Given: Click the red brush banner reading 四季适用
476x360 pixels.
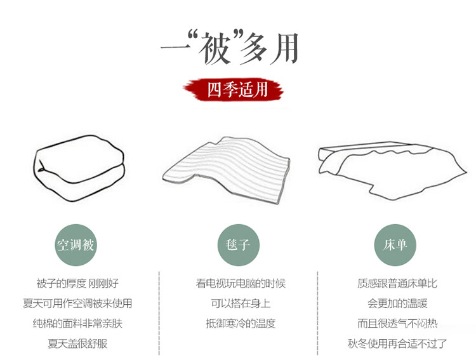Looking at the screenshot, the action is click(x=233, y=90).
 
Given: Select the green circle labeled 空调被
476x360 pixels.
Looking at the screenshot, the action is click(x=76, y=245).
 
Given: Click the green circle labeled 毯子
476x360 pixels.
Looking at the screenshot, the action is click(x=238, y=245).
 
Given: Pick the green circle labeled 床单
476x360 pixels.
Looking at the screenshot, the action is click(x=395, y=245).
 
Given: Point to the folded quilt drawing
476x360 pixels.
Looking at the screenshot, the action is click(x=79, y=169).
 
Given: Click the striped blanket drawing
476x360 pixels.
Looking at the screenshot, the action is click(x=226, y=170).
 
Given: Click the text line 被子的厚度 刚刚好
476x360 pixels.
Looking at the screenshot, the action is click(x=77, y=283).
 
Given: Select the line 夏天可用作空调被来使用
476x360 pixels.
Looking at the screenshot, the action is click(x=77, y=303).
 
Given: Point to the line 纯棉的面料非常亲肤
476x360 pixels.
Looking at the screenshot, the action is click(x=77, y=323).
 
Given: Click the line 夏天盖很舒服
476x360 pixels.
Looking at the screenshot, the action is click(x=77, y=343).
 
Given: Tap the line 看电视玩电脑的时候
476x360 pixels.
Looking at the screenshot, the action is click(x=241, y=283).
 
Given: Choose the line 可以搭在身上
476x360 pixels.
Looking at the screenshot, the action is click(x=241, y=303).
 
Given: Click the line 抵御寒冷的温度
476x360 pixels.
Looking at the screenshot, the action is click(x=241, y=323).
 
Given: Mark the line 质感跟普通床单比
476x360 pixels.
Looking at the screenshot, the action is click(x=397, y=283).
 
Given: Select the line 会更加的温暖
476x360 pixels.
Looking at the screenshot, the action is click(x=397, y=303).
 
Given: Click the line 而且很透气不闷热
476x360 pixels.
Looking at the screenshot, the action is click(x=397, y=323).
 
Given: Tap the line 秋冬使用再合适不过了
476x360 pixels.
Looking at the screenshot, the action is click(x=397, y=343).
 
